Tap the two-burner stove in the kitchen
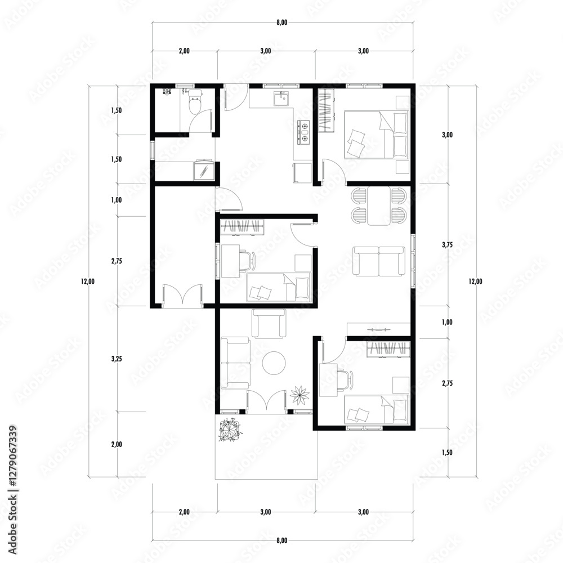coord(304,132)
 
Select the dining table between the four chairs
coord(378,206)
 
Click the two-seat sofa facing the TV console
coord(378,261)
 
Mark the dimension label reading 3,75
coord(448,245)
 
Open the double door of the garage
coord(182,295)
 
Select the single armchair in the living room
coord(270,324)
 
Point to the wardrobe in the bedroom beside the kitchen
coord(326,111)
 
